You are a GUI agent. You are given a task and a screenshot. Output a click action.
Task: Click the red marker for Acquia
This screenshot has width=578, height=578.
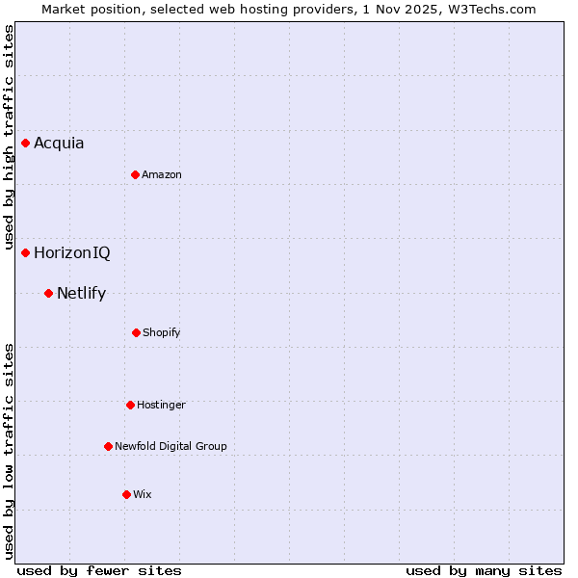click(x=26, y=143)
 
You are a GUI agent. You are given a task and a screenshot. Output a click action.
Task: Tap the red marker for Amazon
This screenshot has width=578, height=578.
click(x=135, y=174)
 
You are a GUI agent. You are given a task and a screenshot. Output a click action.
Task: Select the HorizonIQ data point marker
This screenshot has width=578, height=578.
click(x=26, y=252)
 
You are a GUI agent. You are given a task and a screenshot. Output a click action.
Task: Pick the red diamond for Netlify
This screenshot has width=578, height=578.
click(x=48, y=293)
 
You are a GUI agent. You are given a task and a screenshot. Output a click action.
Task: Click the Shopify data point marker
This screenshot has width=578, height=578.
click(x=136, y=332)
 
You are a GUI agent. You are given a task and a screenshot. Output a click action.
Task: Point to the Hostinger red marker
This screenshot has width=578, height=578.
click(x=130, y=405)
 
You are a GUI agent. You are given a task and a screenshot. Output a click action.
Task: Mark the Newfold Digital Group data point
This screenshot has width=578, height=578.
click(x=108, y=446)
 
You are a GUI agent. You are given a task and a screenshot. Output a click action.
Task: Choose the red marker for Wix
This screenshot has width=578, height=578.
click(x=126, y=494)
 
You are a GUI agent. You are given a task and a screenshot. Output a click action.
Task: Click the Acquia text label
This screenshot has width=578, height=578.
click(x=59, y=144)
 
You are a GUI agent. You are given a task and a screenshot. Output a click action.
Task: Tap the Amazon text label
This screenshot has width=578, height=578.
click(x=162, y=174)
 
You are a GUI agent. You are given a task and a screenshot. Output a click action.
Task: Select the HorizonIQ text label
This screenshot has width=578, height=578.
click(x=72, y=253)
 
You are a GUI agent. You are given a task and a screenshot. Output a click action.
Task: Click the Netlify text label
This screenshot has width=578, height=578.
click(x=81, y=294)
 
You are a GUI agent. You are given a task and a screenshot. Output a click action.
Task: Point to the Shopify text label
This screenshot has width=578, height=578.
click(x=162, y=332)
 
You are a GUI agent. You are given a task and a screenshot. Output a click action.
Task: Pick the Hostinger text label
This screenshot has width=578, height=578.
click(x=161, y=405)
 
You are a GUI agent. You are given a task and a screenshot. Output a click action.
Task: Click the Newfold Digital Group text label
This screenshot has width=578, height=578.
click(x=171, y=446)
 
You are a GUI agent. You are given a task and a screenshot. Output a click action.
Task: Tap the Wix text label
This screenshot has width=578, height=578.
click(x=143, y=494)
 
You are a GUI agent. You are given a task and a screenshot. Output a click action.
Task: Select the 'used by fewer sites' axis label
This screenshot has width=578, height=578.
click(x=99, y=570)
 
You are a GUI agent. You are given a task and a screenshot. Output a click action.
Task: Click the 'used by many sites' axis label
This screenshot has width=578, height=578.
click(x=484, y=570)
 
